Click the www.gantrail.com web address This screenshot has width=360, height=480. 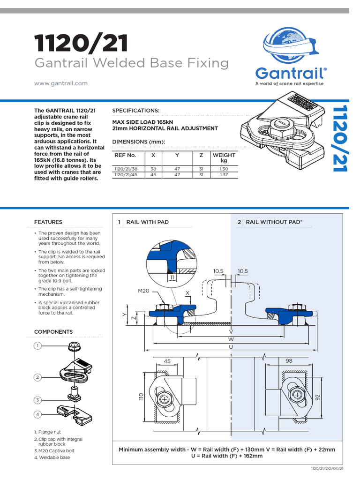61,83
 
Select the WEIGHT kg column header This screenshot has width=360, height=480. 224,157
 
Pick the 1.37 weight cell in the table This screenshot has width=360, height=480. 224,174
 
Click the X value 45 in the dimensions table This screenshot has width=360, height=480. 153,174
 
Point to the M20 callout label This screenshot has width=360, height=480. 143,291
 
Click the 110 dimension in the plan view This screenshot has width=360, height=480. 140,397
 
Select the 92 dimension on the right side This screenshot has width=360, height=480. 317,397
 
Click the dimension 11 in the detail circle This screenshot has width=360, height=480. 172,277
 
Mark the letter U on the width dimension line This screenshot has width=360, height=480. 231,346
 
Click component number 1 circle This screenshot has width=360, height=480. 37,346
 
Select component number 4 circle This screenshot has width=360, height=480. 37,414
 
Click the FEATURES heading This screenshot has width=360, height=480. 48,222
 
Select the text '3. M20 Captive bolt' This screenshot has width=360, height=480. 55,450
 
